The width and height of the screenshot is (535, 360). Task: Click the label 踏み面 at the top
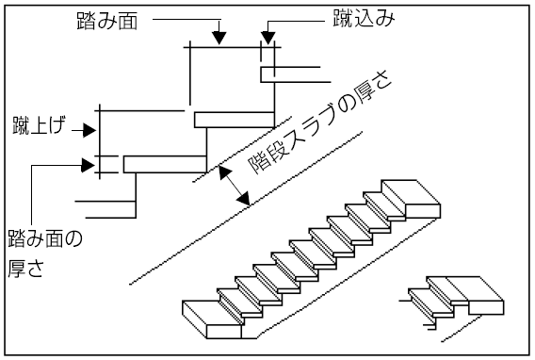107,21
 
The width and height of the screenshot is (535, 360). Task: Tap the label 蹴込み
364,18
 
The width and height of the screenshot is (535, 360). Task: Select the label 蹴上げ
39,125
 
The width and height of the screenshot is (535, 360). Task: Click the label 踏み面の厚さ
45,254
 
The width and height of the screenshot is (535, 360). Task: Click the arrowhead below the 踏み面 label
219,38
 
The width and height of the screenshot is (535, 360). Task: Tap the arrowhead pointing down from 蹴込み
268,38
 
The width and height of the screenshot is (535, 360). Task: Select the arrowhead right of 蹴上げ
89,130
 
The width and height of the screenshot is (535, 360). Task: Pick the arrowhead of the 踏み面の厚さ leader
88,165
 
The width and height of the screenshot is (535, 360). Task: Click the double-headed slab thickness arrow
235,186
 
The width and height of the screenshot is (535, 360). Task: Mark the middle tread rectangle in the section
235,120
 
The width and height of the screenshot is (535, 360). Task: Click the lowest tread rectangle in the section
165,164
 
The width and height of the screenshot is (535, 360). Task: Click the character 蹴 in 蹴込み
343,18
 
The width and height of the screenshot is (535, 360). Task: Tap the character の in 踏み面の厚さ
73,238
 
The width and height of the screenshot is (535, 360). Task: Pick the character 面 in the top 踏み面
128,21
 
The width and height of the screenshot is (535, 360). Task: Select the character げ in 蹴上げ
57,125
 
